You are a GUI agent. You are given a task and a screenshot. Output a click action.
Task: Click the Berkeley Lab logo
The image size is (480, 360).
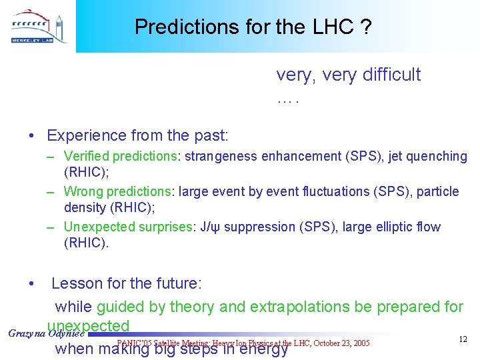38,27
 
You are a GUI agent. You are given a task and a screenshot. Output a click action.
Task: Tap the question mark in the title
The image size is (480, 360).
366,27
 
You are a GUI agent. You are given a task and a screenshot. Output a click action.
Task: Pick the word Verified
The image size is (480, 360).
87,157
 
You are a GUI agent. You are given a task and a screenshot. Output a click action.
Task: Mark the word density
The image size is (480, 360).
87,208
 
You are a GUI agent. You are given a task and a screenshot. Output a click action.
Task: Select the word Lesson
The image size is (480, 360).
75,283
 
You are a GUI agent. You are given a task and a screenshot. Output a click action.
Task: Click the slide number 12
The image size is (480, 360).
463,340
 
